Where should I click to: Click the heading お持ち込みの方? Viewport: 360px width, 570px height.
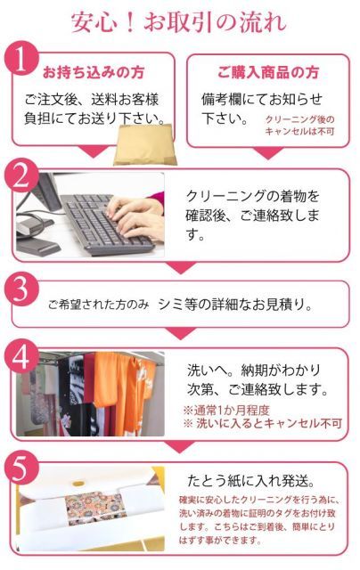(94, 71)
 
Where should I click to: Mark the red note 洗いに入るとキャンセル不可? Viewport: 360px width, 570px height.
(263, 424)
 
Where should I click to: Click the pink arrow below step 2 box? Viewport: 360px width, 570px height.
(182, 266)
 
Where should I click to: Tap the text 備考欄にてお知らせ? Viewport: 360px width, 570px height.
(262, 98)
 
